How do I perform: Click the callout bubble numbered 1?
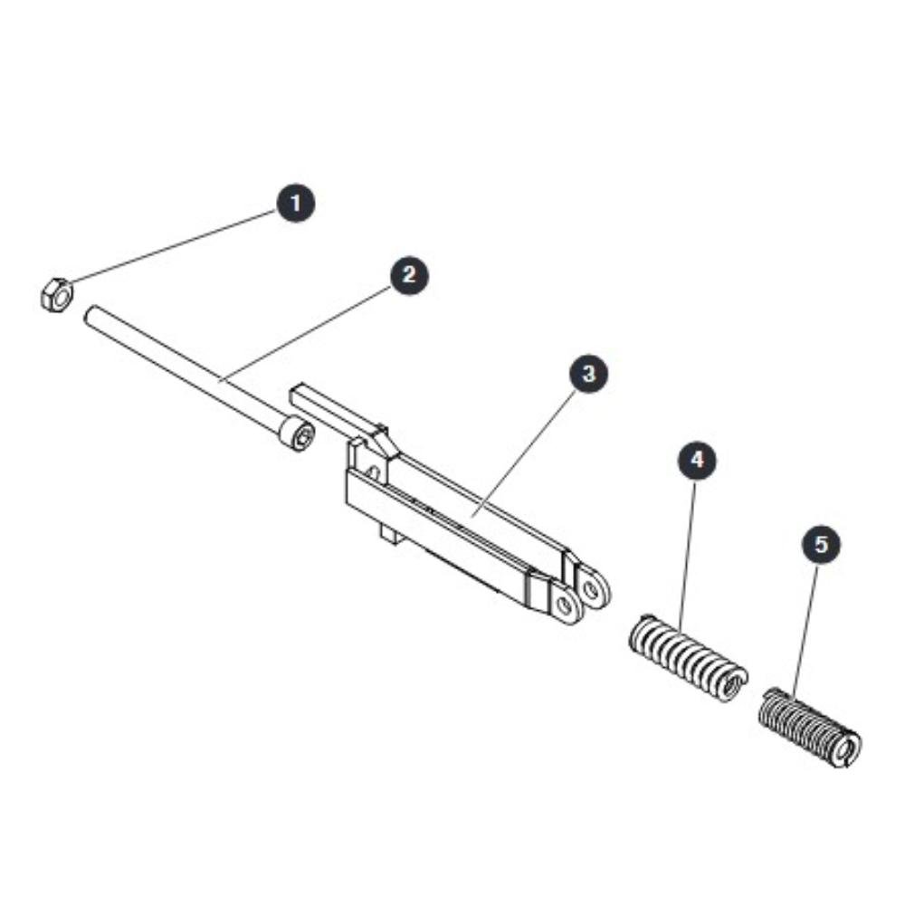pyautogui.click(x=296, y=203)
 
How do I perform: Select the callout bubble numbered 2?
pyautogui.click(x=409, y=275)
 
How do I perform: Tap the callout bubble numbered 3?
pyautogui.click(x=588, y=374)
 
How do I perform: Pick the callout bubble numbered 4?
pyautogui.click(x=697, y=460)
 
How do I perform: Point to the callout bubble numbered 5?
pyautogui.click(x=822, y=544)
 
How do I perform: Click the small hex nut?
pyautogui.click(x=56, y=294)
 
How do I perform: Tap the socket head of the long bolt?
pyautogui.click(x=297, y=433)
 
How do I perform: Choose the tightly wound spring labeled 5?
pyautogui.click(x=810, y=728)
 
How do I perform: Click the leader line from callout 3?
pyautogui.click(x=524, y=452)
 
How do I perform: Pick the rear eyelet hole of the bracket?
pyautogui.click(x=591, y=589)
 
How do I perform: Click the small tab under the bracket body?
pyautogui.click(x=391, y=532)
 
